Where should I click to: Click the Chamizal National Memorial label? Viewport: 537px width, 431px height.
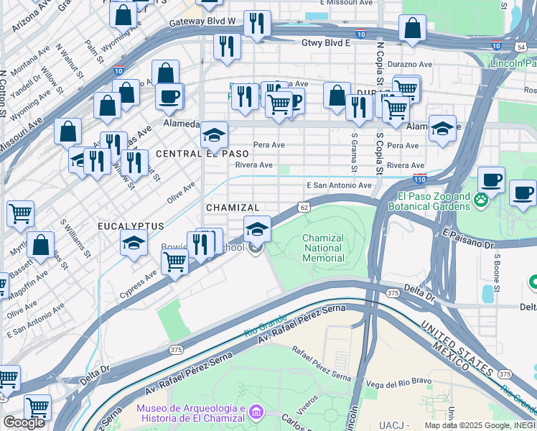323,248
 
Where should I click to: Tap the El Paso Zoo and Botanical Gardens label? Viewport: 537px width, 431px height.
429,201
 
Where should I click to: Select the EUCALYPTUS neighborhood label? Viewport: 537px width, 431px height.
131,226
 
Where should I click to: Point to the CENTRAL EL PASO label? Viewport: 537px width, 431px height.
202,154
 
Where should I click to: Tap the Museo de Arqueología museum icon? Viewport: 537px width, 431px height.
257,412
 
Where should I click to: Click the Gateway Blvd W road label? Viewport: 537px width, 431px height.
202,22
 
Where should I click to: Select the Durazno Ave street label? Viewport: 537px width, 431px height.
410,64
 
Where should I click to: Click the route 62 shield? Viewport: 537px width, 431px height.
304,207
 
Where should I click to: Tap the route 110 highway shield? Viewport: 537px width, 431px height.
420,178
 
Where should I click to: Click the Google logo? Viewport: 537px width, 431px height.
24,422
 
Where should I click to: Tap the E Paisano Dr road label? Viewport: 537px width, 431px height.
469,239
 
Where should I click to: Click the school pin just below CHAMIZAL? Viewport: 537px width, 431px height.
257,229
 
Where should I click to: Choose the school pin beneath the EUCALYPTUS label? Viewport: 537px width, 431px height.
134,244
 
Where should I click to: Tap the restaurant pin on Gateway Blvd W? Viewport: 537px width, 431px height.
256,24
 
